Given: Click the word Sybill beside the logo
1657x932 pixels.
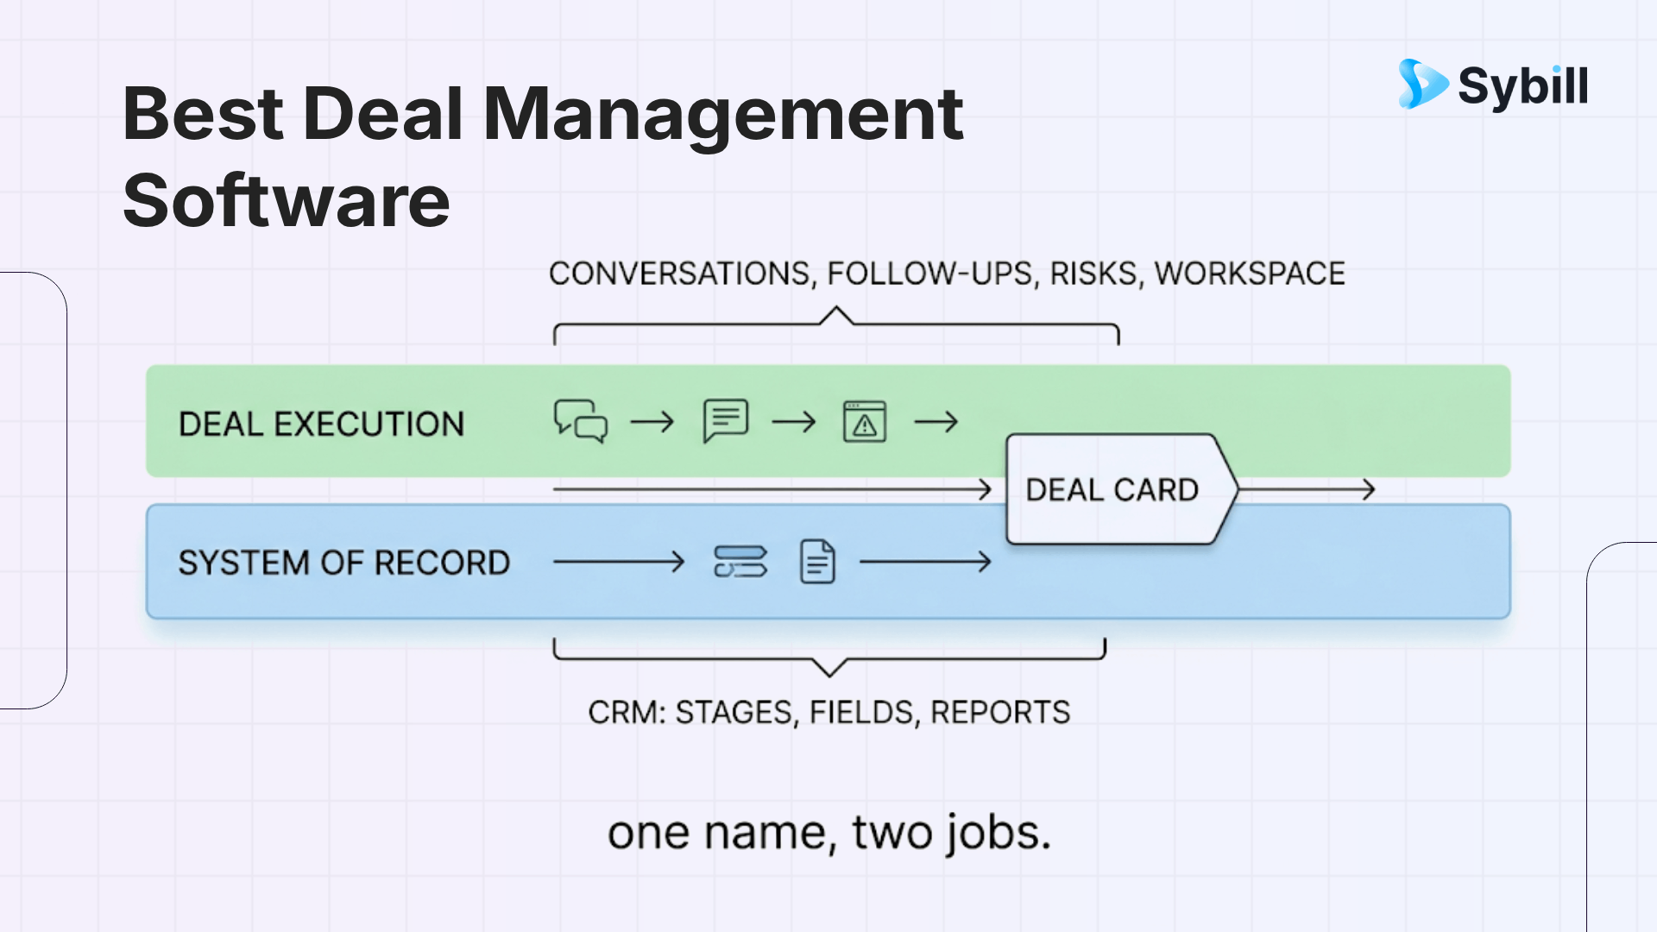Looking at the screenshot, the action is pyautogui.click(x=1523, y=87).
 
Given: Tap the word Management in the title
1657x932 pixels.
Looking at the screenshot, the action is pyautogui.click(x=723, y=114).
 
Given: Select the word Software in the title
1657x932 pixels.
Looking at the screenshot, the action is pyautogui.click(x=287, y=200).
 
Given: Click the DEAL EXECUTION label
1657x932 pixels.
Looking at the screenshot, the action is pyautogui.click(x=321, y=425).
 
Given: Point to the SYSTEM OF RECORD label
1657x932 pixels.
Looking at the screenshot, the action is pyautogui.click(x=344, y=564).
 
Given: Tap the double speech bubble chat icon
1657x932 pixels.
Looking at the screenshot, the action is pyautogui.click(x=581, y=421).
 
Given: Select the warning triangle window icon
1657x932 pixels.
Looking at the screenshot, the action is pyautogui.click(x=865, y=422).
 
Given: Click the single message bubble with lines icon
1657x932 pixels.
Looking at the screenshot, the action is pyautogui.click(x=726, y=420).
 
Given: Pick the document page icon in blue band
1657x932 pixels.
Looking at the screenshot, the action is pyautogui.click(x=817, y=562).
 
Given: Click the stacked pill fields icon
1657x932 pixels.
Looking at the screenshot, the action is pyautogui.click(x=740, y=562).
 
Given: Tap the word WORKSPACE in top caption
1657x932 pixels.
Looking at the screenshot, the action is pyautogui.click(x=1250, y=274).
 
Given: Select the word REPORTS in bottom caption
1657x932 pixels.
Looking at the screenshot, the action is pyautogui.click(x=1000, y=713).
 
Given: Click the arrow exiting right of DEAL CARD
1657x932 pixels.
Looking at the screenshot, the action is pyautogui.click(x=1307, y=489).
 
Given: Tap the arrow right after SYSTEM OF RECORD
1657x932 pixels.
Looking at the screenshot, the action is pyautogui.click(x=619, y=563).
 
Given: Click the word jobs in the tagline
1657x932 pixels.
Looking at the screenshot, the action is pyautogui.click(x=999, y=834).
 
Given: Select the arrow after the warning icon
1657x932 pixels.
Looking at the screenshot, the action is pyautogui.click(x=936, y=422).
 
